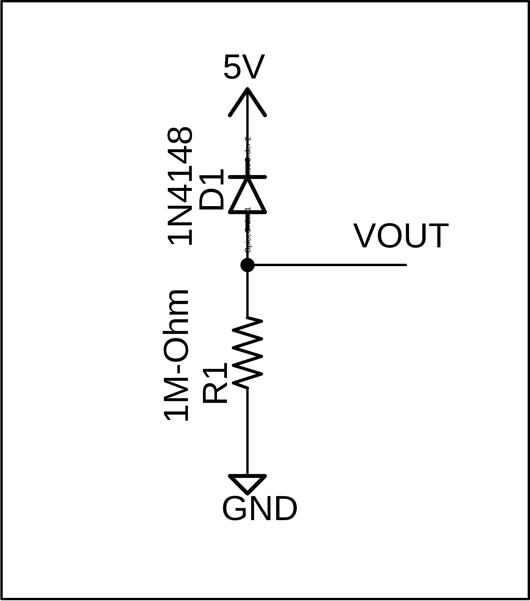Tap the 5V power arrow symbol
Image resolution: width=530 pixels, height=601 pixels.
pyautogui.click(x=247, y=101)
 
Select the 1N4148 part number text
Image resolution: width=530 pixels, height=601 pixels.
pyautogui.click(x=180, y=186)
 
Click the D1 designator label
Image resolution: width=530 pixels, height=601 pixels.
pyautogui.click(x=211, y=190)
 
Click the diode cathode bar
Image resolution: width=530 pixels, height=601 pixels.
pyautogui.click(x=247, y=177)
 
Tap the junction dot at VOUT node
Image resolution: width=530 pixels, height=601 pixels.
pyautogui.click(x=247, y=265)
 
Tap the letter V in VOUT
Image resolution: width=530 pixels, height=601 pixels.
pyautogui.click(x=365, y=236)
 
